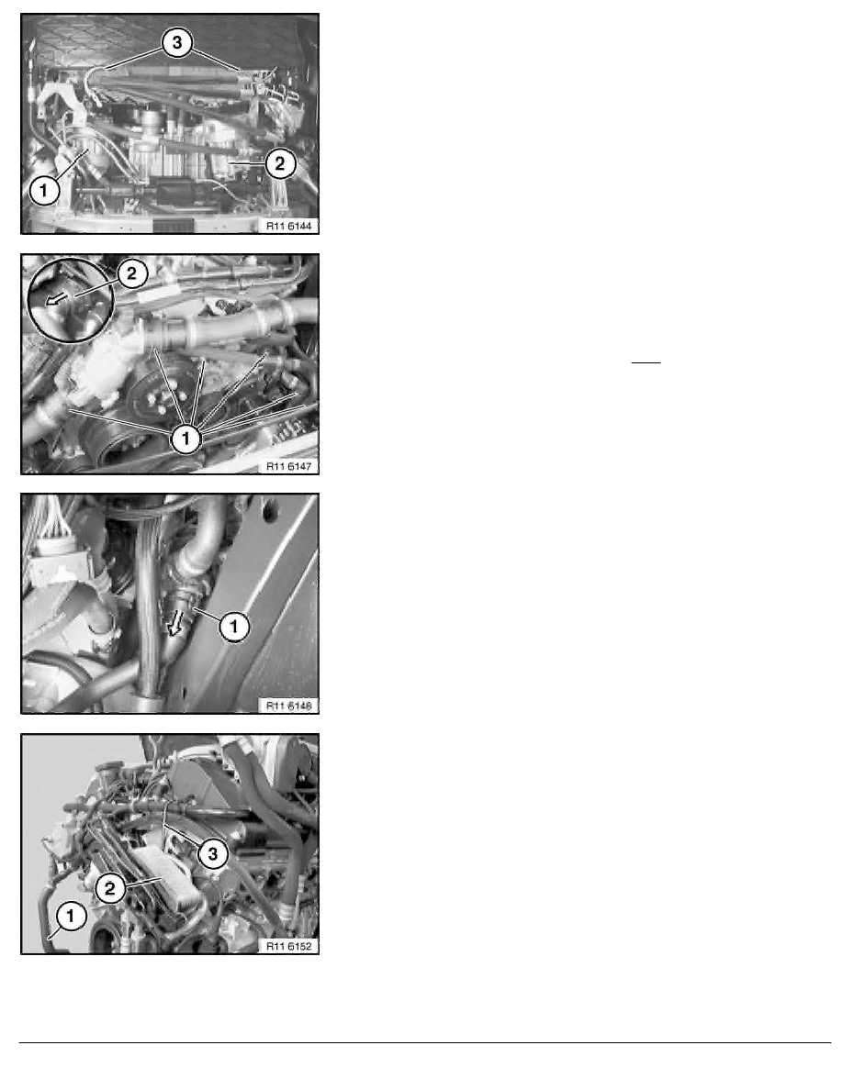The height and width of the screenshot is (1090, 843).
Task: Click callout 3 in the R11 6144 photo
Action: point(177,42)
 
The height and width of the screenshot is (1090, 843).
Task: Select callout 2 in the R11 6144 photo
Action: point(279,164)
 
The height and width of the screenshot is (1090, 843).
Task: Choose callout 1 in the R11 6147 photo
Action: point(185,439)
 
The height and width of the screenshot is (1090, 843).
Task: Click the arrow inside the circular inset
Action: point(56,298)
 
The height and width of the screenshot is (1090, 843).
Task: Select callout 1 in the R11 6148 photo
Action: point(234,626)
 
